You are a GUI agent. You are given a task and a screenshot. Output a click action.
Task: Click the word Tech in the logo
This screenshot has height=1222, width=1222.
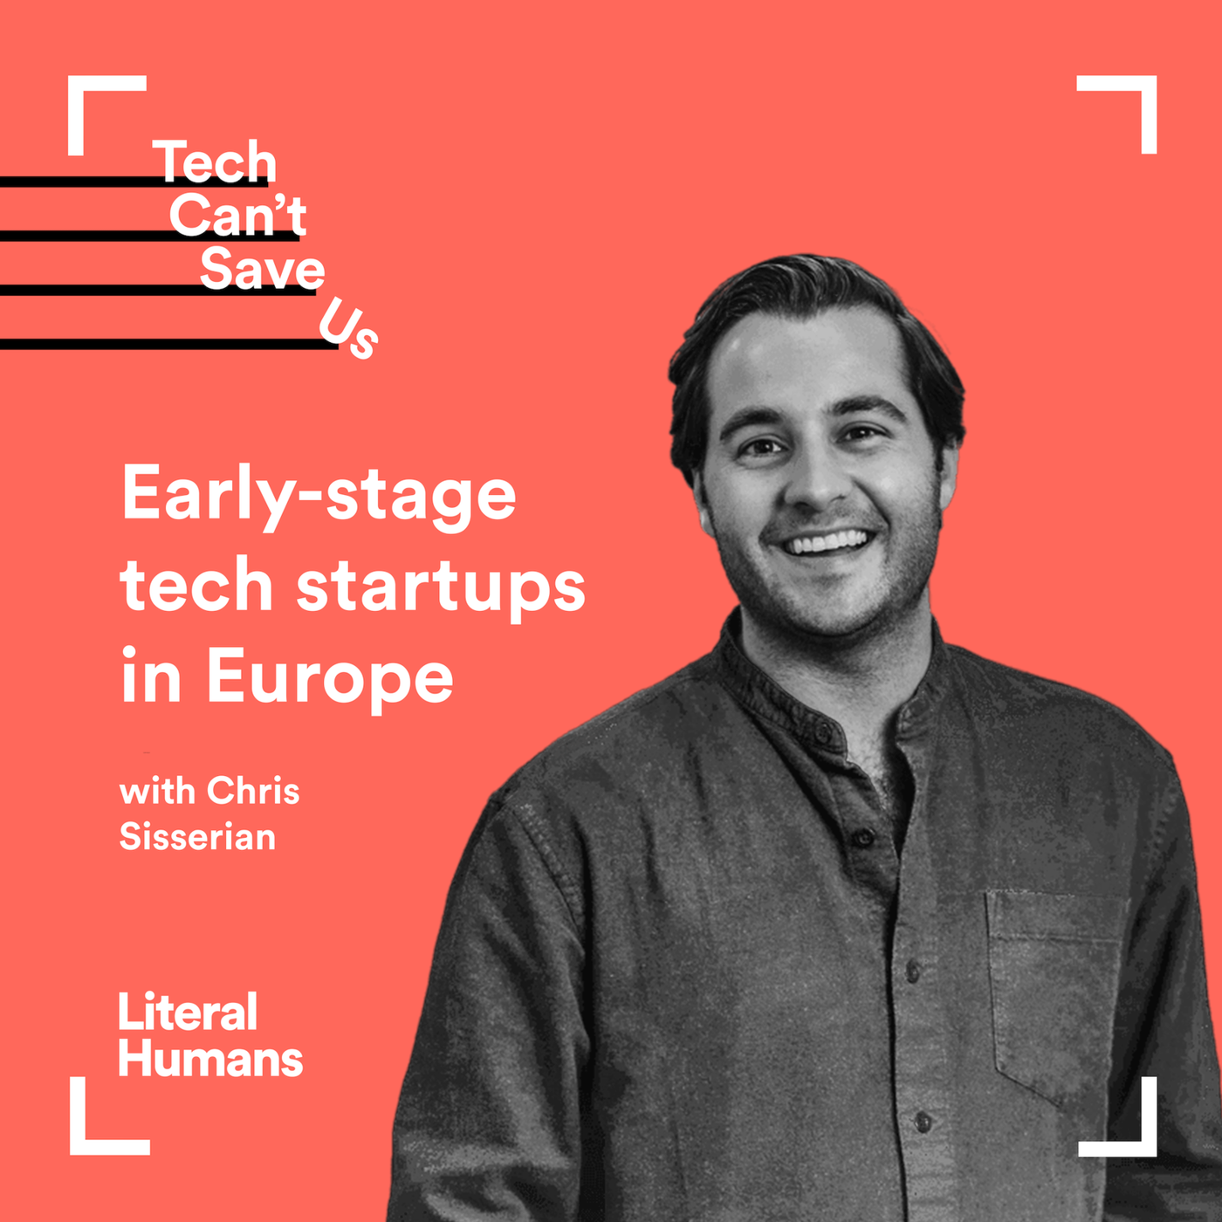pos(215,161)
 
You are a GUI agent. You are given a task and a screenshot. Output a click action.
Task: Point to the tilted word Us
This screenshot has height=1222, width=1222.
pos(348,328)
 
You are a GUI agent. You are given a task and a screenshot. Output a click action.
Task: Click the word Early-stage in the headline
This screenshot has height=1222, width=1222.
pos(319,498)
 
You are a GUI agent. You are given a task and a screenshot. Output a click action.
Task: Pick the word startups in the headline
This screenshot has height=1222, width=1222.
pos(441,587)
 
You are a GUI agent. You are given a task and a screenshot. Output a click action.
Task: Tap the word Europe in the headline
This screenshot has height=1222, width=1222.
pos(330,677)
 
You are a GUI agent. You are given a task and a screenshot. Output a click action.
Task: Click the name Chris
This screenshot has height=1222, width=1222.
pos(254,792)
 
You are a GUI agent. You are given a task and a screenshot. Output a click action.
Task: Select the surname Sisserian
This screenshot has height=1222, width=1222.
pos(198,836)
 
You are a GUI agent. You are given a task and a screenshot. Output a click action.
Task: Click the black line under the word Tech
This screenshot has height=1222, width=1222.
pos(134,182)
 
